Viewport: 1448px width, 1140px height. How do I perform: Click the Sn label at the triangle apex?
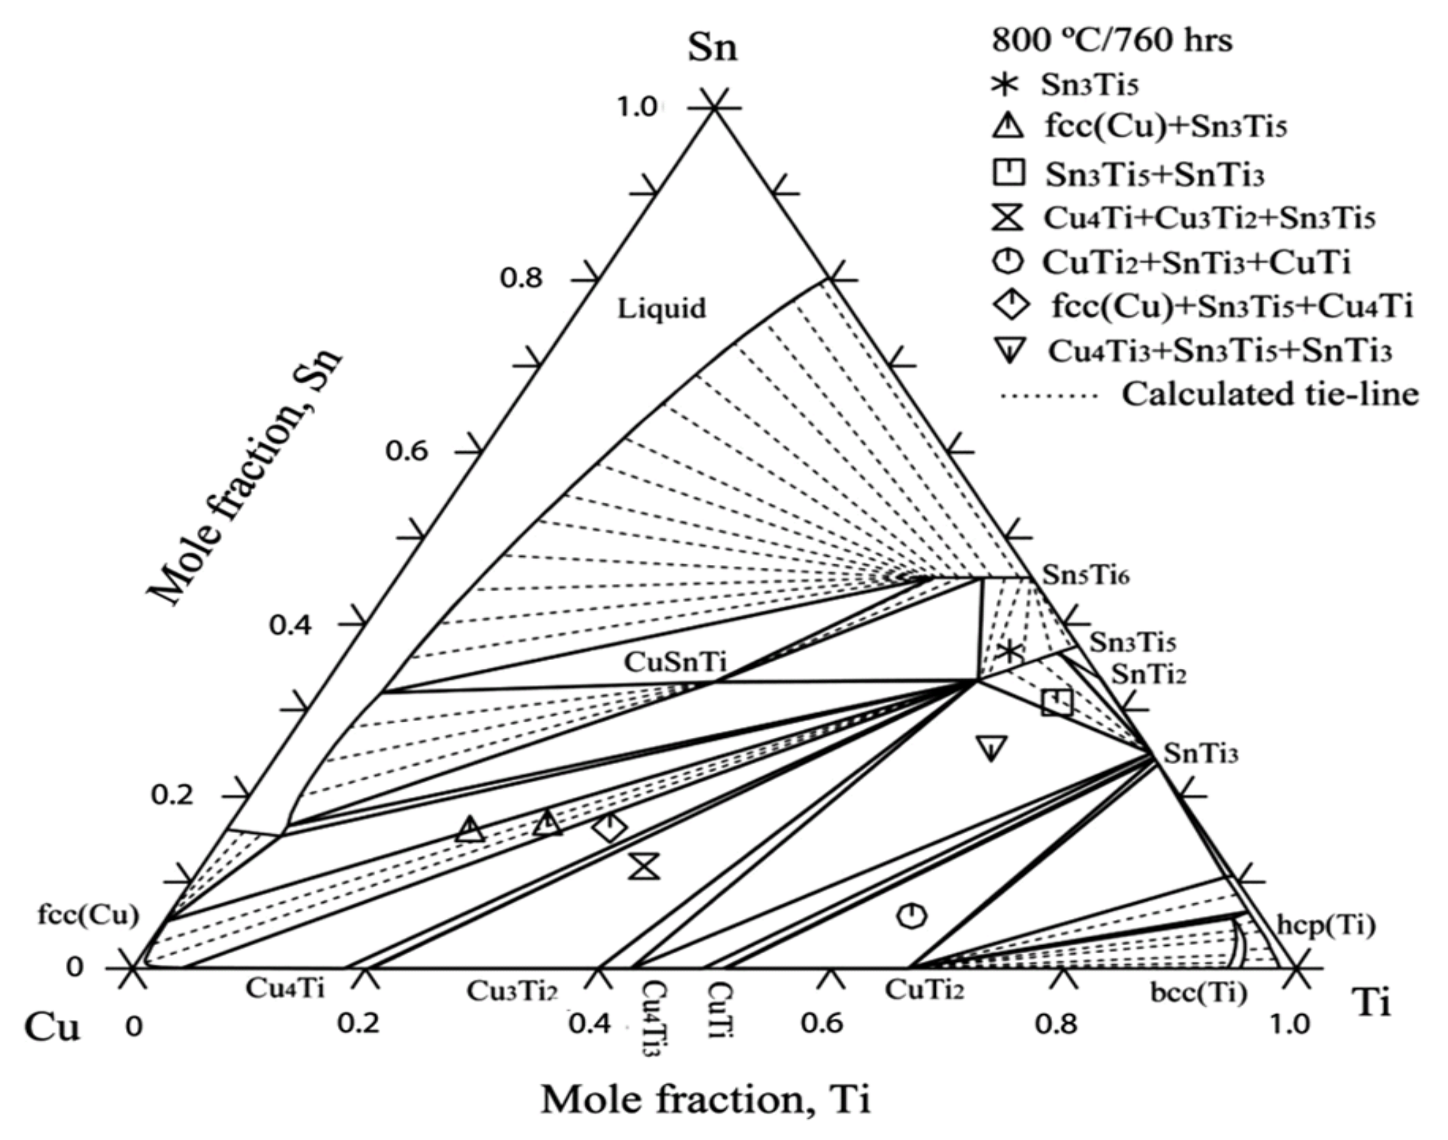pyautogui.click(x=712, y=48)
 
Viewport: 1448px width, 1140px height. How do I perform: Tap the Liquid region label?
pyautogui.click(x=661, y=308)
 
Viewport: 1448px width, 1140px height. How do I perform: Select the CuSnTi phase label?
pyautogui.click(x=675, y=662)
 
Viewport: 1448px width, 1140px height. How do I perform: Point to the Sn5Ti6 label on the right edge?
pyautogui.click(x=1085, y=576)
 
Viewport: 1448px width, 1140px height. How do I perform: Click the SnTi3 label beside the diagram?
pyautogui.click(x=1200, y=754)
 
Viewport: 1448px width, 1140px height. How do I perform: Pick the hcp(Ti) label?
pyautogui.click(x=1326, y=925)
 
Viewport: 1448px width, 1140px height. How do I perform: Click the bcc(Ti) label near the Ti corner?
pyautogui.click(x=1198, y=993)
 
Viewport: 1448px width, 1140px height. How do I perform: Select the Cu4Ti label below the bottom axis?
pyautogui.click(x=285, y=988)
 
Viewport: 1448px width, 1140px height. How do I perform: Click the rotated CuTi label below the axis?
pyautogui.click(x=720, y=1010)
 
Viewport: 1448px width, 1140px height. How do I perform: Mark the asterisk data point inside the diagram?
pyautogui.click(x=1010, y=651)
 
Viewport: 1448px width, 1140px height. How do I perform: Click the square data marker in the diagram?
pyautogui.click(x=1057, y=701)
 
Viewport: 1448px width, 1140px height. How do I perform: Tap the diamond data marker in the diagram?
pyautogui.click(x=610, y=828)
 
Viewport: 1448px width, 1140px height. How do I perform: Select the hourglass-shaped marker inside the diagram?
pyautogui.click(x=645, y=865)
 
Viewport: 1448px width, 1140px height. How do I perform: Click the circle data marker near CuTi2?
pyautogui.click(x=911, y=915)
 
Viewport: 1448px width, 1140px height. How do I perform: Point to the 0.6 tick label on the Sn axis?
pyautogui.click(x=407, y=451)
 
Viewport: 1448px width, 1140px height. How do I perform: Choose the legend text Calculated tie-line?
pyautogui.click(x=1270, y=394)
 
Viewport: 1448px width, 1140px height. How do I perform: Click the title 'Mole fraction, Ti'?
pyautogui.click(x=706, y=1100)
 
